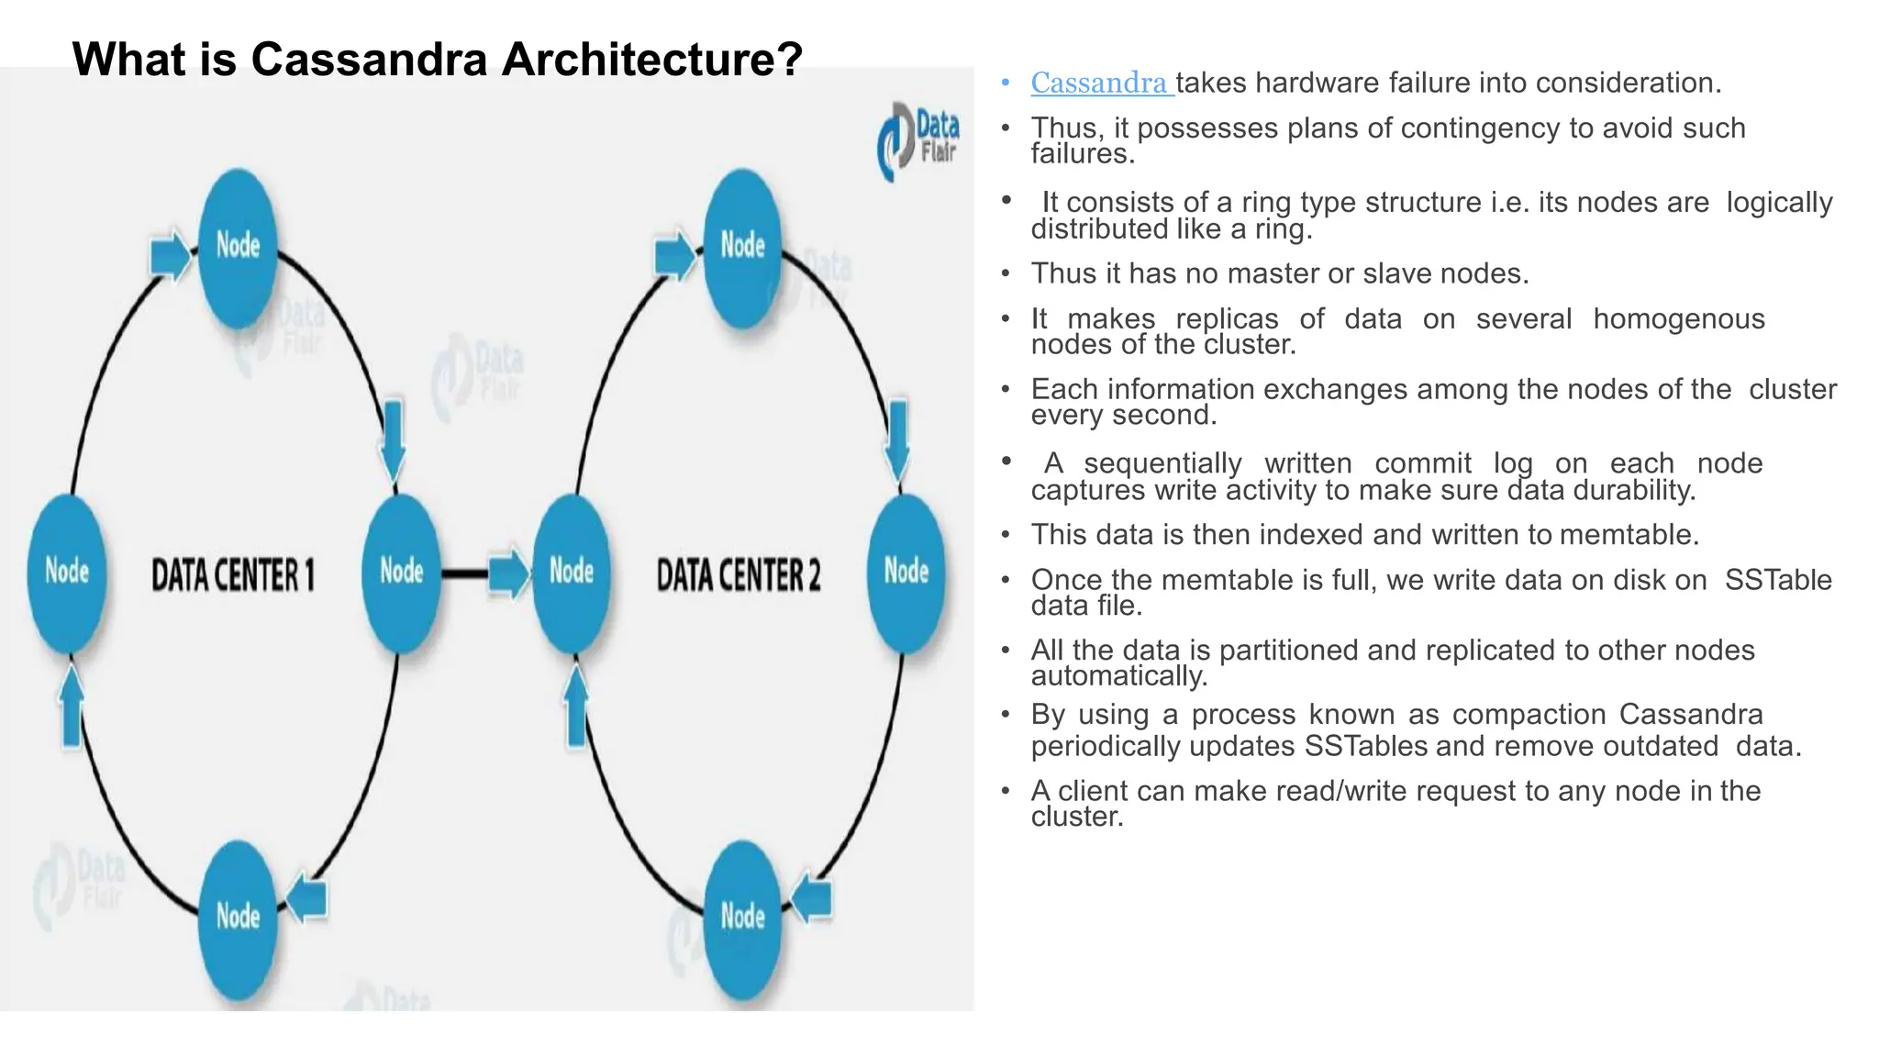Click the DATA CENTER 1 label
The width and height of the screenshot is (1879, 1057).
click(232, 575)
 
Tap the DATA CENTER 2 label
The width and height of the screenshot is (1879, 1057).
click(739, 575)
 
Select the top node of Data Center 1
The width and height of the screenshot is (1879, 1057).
click(238, 246)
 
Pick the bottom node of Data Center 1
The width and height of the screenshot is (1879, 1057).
click(238, 917)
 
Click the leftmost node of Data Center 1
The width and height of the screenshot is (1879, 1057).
click(67, 572)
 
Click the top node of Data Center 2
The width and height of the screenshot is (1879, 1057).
click(742, 246)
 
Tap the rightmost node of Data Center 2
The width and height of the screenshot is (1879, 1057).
click(906, 572)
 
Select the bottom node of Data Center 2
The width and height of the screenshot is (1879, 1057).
click(742, 917)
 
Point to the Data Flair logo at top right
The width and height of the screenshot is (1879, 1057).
click(918, 140)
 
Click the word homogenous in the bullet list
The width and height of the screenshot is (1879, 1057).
click(1678, 318)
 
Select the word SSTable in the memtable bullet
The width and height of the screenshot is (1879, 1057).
click(1777, 580)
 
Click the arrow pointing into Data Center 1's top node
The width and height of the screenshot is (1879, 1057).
click(170, 255)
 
